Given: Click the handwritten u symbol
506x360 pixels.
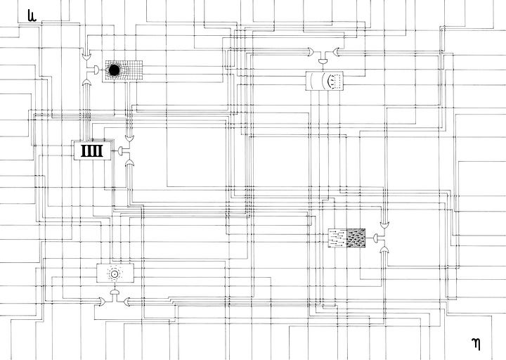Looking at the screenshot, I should (x=31, y=15).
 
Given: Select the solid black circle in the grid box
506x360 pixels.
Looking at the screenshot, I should (x=114, y=69).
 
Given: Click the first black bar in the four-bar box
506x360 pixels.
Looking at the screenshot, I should (x=84, y=150).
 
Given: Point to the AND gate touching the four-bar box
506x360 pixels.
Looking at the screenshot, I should (x=121, y=150).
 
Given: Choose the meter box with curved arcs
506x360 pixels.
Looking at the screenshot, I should (x=325, y=82).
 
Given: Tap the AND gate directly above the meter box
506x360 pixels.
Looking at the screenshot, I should (x=325, y=62).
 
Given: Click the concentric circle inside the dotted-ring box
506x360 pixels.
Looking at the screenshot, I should (x=114, y=272).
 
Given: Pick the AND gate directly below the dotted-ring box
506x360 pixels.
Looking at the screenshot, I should (x=114, y=291).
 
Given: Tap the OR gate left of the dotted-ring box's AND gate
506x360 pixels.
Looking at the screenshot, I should (x=102, y=301).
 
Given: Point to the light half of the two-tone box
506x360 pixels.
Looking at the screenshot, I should (x=339, y=238).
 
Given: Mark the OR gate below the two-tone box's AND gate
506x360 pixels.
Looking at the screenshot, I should (x=385, y=250).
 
